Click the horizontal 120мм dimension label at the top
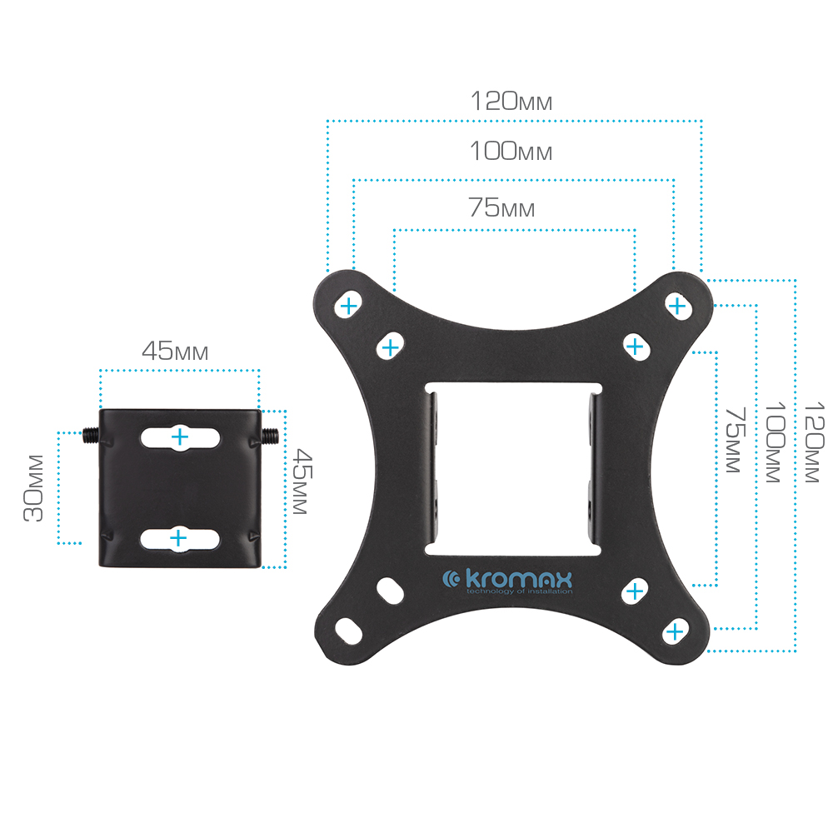pyautogui.click(x=511, y=101)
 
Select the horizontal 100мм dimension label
pyautogui.click(x=511, y=151)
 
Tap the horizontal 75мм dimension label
pyautogui.click(x=501, y=207)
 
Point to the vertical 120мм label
pyautogui.click(x=814, y=442)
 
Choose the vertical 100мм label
pyautogui.click(x=775, y=442)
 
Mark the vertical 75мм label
pyautogui.click(x=736, y=440)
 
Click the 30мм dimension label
pyautogui.click(x=33, y=488)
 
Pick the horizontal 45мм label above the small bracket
pyautogui.click(x=175, y=351)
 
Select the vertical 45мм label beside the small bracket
pyautogui.click(x=303, y=481)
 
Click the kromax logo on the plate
pyautogui.click(x=508, y=581)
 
